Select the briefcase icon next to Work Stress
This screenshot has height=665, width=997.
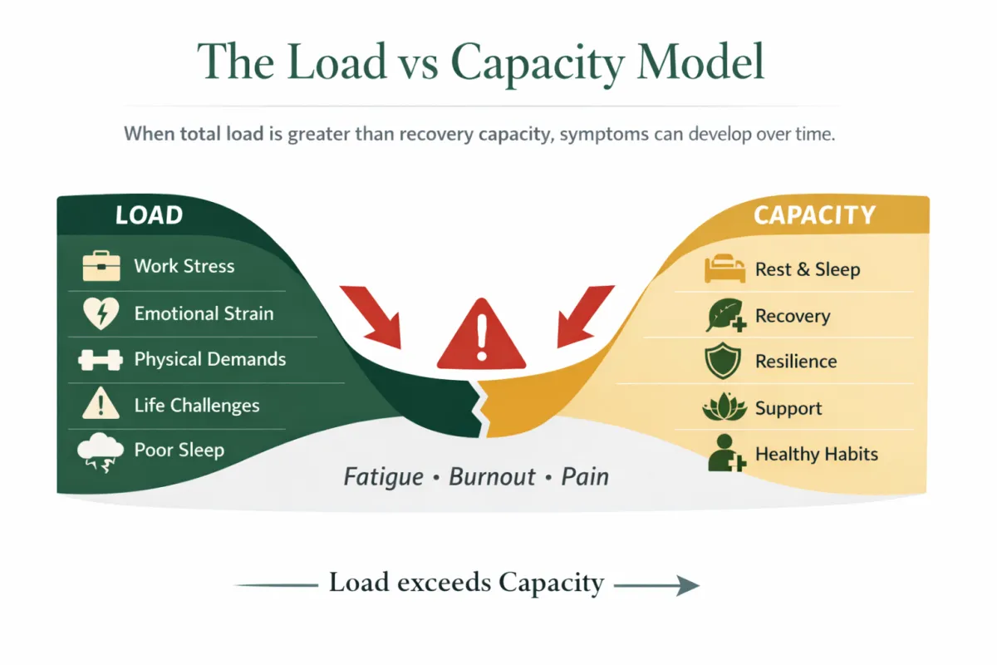[x=101, y=267]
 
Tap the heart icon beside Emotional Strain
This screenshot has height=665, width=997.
[x=101, y=314]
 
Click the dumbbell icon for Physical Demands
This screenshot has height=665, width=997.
[x=101, y=360]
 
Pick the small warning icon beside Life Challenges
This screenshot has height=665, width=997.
[x=101, y=406]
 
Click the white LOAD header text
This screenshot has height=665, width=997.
[x=149, y=215]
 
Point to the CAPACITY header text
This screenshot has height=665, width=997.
[x=813, y=215]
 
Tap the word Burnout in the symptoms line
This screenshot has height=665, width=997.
[x=494, y=477]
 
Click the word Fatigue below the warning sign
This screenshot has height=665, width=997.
[x=385, y=477]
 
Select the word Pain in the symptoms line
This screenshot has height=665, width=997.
[x=585, y=477]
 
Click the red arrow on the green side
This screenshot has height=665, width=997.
[x=374, y=317]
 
